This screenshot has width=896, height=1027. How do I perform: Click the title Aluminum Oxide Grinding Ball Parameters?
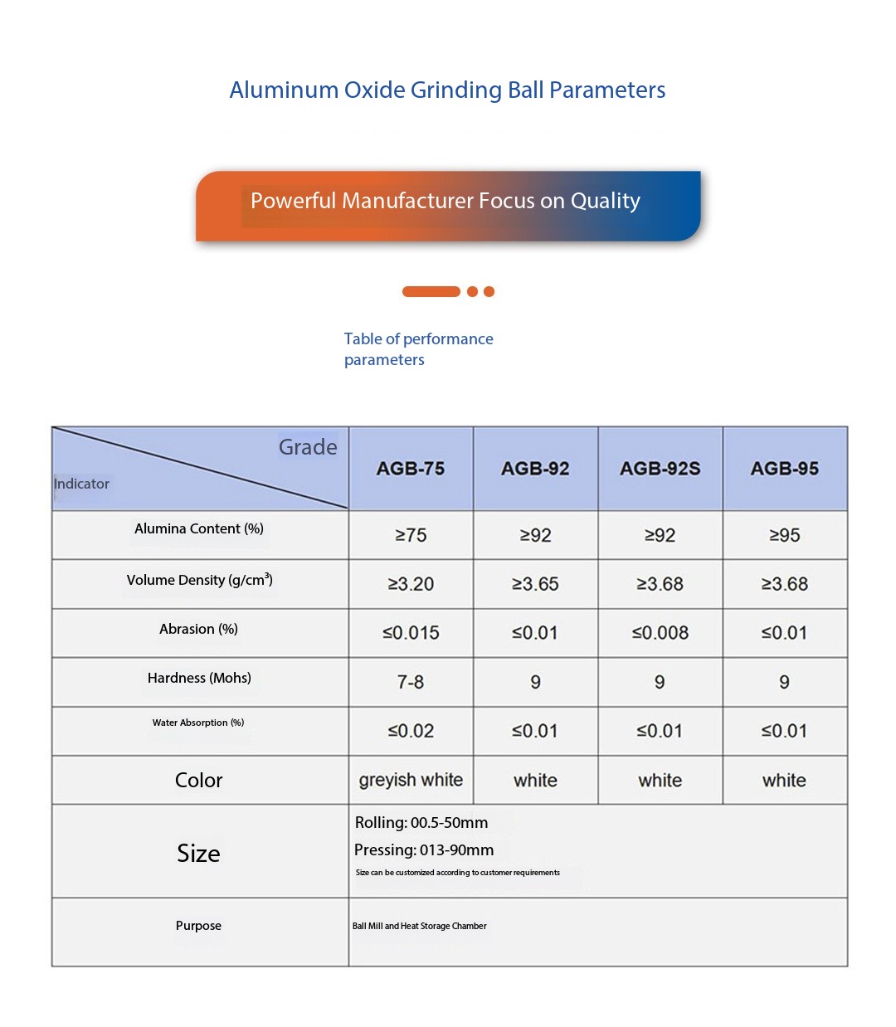click(447, 90)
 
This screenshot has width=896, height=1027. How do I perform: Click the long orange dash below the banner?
click(431, 291)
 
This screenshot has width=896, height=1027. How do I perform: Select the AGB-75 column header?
click(411, 469)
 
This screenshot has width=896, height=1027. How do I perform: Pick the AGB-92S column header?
click(660, 469)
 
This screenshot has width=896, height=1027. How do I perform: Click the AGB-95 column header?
click(784, 469)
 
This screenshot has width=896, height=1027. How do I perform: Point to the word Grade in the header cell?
click(308, 447)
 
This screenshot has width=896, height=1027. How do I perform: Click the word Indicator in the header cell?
click(81, 484)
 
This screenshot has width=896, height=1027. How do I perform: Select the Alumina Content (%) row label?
click(199, 529)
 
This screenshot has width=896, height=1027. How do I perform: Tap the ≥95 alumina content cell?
click(784, 535)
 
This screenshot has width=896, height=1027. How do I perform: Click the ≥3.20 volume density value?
click(411, 584)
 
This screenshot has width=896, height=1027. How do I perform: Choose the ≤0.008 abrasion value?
click(660, 633)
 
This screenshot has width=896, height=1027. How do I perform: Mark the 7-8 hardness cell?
click(411, 682)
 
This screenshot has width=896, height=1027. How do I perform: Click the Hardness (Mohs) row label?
click(199, 678)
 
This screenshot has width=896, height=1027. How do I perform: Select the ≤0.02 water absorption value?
click(411, 731)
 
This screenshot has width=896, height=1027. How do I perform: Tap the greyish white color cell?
click(411, 780)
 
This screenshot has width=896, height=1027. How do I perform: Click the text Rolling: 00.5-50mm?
click(421, 823)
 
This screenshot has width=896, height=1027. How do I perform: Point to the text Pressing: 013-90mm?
click(424, 850)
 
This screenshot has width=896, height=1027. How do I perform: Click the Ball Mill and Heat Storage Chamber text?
click(420, 926)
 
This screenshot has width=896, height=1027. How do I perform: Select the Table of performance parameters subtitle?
click(418, 349)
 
